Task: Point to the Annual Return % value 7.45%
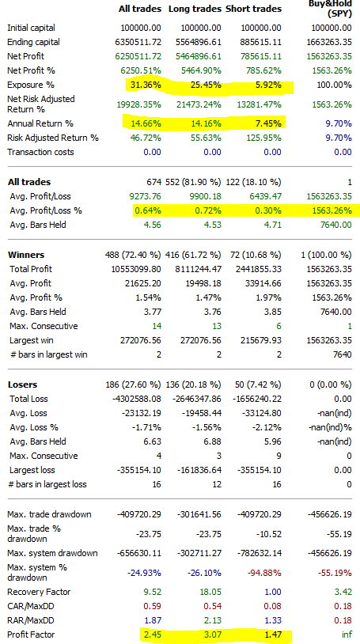tap(269, 123)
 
